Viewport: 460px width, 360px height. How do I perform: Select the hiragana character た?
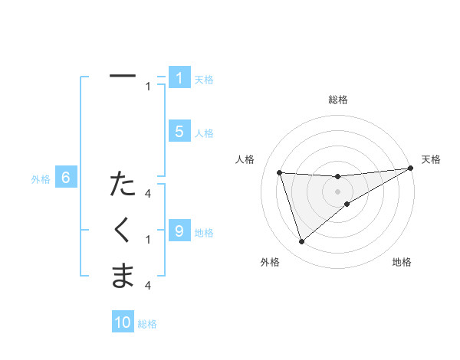pyautogui.click(x=123, y=185)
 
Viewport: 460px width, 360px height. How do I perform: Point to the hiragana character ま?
pyautogui.click(x=123, y=274)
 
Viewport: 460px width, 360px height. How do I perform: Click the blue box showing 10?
pyautogui.click(x=123, y=322)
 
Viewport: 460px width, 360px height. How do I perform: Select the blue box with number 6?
pyautogui.click(x=66, y=178)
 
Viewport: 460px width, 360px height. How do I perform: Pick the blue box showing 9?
pyautogui.click(x=179, y=230)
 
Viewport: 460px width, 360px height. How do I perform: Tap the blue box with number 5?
pyautogui.click(x=179, y=132)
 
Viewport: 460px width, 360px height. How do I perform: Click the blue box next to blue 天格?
pyautogui.click(x=179, y=77)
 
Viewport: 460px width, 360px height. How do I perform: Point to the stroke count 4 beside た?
pyautogui.click(x=148, y=195)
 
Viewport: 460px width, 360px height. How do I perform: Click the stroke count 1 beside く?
pyautogui.click(x=148, y=240)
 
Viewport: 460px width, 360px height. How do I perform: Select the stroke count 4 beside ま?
pyautogui.click(x=148, y=285)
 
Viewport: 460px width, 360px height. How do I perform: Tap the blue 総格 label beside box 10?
pyautogui.click(x=147, y=324)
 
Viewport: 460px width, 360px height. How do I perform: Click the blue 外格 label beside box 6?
pyautogui.click(x=41, y=179)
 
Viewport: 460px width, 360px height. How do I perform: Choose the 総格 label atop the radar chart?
pyautogui.click(x=337, y=100)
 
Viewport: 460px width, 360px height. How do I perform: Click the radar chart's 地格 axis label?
pyautogui.click(x=402, y=262)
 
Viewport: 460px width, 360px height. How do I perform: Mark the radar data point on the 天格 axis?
pyautogui.click(x=410, y=169)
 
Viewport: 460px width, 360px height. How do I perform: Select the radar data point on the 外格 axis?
pyautogui.click(x=301, y=242)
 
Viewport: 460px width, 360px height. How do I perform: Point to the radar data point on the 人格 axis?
pyautogui.click(x=280, y=172)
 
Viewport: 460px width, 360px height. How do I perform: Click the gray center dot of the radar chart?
pyautogui.click(x=337, y=190)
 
